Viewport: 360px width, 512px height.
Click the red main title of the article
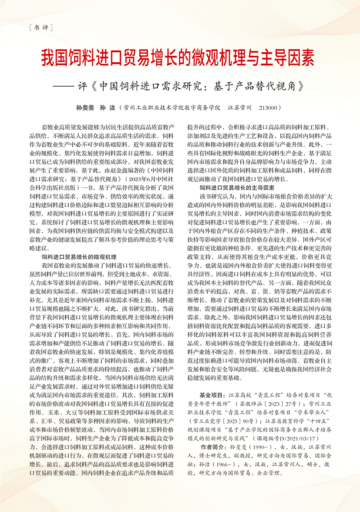coord(180,57)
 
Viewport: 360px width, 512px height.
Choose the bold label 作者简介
coord(214,447)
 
